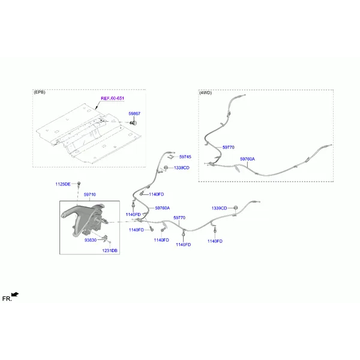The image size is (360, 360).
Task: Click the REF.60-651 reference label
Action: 112,98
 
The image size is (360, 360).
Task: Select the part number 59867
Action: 134,113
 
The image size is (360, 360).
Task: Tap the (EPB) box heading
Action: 40,92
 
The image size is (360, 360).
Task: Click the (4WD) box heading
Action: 205,93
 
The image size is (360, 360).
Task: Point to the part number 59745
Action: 185,157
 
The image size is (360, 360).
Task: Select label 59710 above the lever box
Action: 90,194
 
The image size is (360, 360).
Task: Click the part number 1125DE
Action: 63,184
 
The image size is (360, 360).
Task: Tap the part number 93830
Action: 91,240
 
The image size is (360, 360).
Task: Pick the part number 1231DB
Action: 110,250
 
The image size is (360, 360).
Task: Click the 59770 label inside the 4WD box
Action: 228,147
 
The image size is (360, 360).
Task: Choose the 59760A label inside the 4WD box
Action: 247,159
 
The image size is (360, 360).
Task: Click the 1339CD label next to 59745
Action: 182,168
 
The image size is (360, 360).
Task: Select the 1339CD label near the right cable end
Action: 219,208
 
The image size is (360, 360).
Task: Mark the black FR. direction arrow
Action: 15,295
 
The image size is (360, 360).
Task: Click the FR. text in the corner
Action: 7,299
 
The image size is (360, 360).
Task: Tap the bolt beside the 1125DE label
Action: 79,184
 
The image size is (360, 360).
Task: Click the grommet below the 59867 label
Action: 133,123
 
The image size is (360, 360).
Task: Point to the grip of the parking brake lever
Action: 69,212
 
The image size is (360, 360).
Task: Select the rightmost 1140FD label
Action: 215,241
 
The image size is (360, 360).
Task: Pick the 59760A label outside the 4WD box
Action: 163,208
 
